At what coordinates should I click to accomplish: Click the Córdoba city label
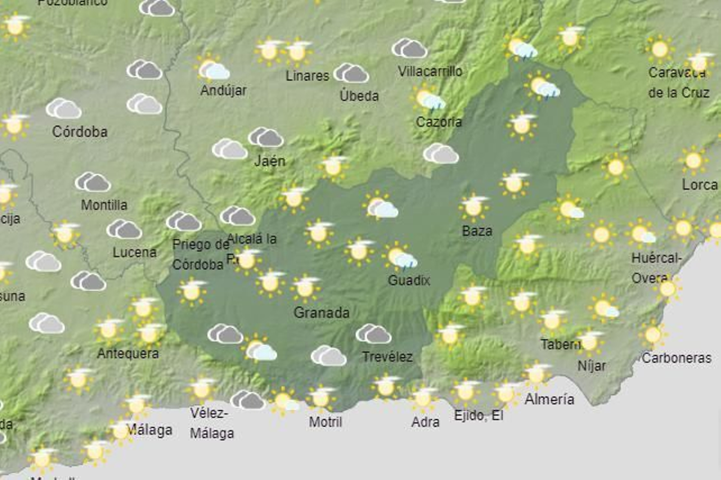pos(80,132)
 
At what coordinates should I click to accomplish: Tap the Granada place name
pos(321,312)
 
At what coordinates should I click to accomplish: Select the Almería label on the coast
pos(549,399)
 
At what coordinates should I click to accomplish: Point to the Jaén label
pos(269,161)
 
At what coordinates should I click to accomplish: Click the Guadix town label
pos(409,280)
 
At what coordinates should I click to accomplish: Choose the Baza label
pos(477,231)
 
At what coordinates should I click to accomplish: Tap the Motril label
pos(325,422)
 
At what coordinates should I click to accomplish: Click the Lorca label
pos(699,185)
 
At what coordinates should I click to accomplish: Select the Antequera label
pos(128,353)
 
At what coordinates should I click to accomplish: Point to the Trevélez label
pos(388,357)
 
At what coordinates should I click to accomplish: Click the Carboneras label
pos(677,358)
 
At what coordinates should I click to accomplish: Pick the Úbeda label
pos(359,96)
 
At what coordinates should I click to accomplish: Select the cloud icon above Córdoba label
pos(64,108)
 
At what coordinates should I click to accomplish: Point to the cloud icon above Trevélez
pos(373,334)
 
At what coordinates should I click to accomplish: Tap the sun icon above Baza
pos(474,207)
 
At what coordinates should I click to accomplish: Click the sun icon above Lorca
pos(693,160)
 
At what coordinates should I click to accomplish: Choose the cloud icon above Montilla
pos(93,182)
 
